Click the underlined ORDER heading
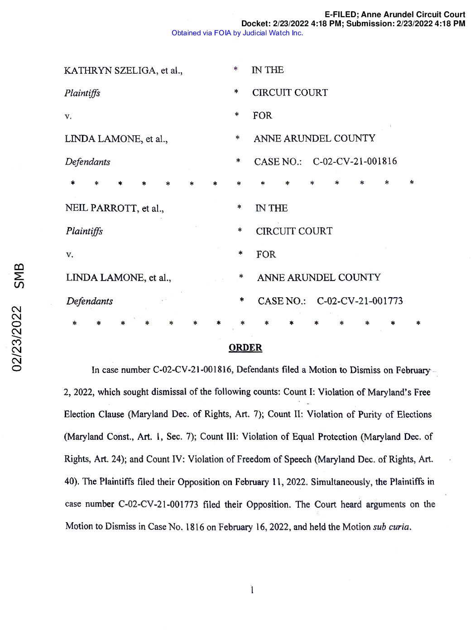(245, 348)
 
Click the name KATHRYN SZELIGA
(110, 70)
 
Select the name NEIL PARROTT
(101, 208)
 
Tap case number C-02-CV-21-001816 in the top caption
(355, 161)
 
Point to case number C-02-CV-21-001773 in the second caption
(360, 301)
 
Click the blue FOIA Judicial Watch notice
(237, 33)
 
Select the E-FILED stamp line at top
(394, 14)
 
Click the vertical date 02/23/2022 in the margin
(18, 339)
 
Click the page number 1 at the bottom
(252, 590)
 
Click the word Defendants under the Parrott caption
(90, 301)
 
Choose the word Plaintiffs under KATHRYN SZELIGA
(82, 93)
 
